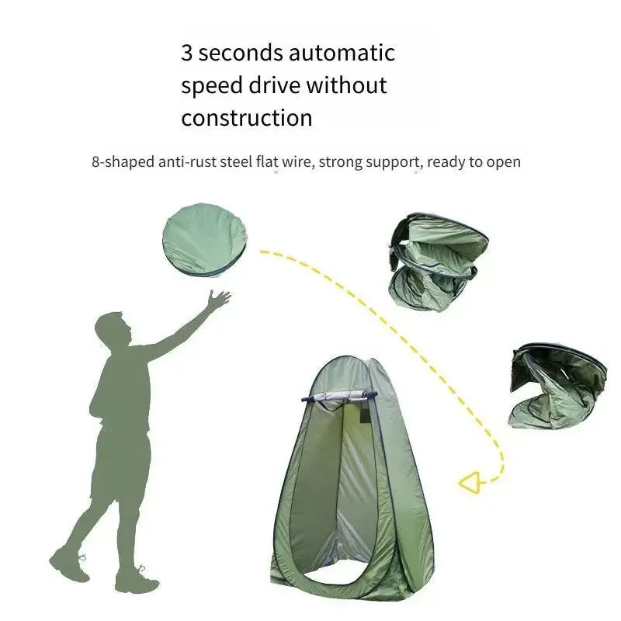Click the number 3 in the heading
pos(187,53)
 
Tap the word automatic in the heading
pos(342,53)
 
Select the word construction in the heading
pos(247,118)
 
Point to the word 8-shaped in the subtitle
pos(123,162)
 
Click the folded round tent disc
pos(205,241)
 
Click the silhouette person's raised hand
pos(218,300)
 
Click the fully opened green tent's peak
pos(349,359)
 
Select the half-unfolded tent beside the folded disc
pos(438,262)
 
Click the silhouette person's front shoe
pos(137,581)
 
